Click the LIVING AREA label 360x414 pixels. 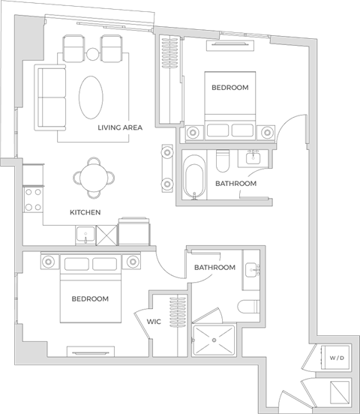tap(120, 128)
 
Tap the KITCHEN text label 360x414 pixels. tap(85, 212)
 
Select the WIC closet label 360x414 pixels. tap(154, 321)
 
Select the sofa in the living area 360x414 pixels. tap(51, 95)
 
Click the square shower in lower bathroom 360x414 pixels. tap(214, 340)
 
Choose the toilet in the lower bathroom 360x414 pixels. tap(249, 306)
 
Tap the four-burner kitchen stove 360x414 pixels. tap(33, 199)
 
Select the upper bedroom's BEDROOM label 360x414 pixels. tap(229, 88)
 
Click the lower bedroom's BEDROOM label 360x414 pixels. tap(90, 298)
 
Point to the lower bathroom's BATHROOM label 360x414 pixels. tap(214, 268)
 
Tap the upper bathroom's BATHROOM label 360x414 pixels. tap(235, 183)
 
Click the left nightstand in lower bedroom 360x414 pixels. tap(49, 262)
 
